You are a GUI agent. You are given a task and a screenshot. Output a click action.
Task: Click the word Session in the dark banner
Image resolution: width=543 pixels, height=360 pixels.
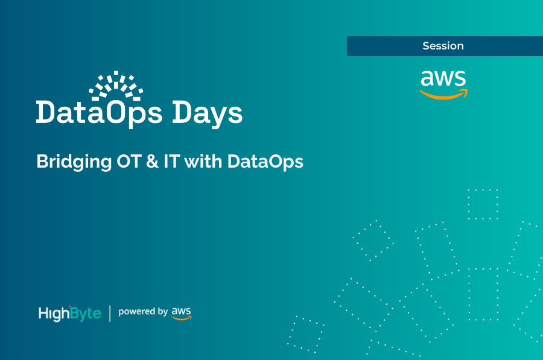[x=443, y=46]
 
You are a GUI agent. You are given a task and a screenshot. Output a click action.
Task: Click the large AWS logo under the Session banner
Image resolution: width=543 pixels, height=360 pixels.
[x=443, y=84]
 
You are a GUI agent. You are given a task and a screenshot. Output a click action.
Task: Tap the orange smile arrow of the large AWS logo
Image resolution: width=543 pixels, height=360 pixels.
[x=443, y=95]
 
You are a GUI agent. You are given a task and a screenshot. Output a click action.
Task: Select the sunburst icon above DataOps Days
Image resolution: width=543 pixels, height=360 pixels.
[x=116, y=86]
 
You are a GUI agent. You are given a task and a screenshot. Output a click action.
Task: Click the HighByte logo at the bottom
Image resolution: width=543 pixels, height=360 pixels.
[x=69, y=313]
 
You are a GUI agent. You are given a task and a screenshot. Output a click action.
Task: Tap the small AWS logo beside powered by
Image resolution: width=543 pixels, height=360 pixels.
[x=182, y=312]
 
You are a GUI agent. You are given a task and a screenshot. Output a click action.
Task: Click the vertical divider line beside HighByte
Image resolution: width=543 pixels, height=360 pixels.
[x=110, y=313]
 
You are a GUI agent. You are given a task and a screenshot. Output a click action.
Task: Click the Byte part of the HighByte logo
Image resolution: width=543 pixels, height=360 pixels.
[x=86, y=314]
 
